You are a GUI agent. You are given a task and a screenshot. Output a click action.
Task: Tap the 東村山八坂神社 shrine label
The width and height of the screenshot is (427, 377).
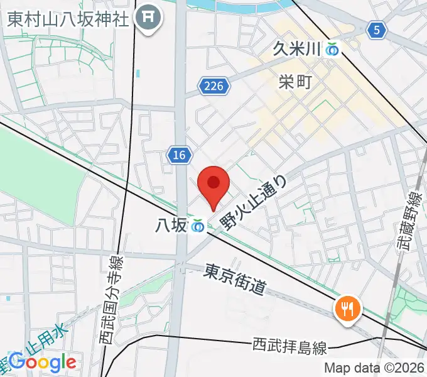[x=68, y=18]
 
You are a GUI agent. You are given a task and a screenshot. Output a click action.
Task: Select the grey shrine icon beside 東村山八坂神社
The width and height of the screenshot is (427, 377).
[x=150, y=18]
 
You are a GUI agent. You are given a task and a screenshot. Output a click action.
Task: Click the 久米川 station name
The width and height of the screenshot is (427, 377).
[x=297, y=48]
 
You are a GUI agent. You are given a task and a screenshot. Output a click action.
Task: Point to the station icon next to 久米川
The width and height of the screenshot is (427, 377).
[x=332, y=48]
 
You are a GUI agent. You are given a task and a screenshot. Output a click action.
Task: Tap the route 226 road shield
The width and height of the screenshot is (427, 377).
[x=213, y=85]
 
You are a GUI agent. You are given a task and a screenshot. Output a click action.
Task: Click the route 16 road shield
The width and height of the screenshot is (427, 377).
[x=180, y=156]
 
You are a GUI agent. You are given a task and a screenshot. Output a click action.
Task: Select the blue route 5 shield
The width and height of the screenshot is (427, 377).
[x=376, y=29]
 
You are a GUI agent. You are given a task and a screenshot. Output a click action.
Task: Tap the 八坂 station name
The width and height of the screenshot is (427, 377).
[x=170, y=224]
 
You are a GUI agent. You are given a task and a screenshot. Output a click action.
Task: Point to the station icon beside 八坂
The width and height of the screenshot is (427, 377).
[x=198, y=225]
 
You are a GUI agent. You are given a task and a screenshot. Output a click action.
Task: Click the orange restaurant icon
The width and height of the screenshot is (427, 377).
[x=345, y=307]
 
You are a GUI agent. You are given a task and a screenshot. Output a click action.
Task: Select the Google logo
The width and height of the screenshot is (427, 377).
[x=42, y=363]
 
